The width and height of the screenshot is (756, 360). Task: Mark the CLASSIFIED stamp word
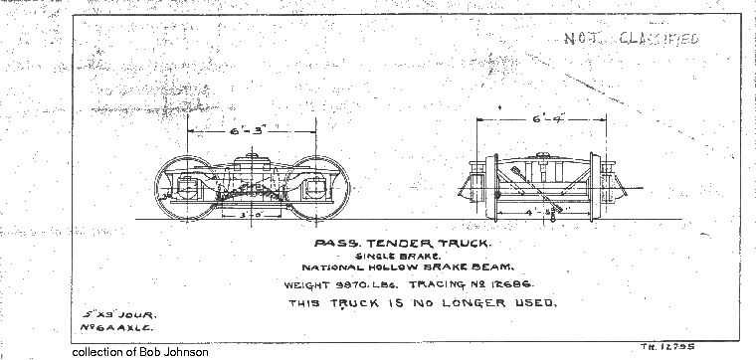click(661, 40)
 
